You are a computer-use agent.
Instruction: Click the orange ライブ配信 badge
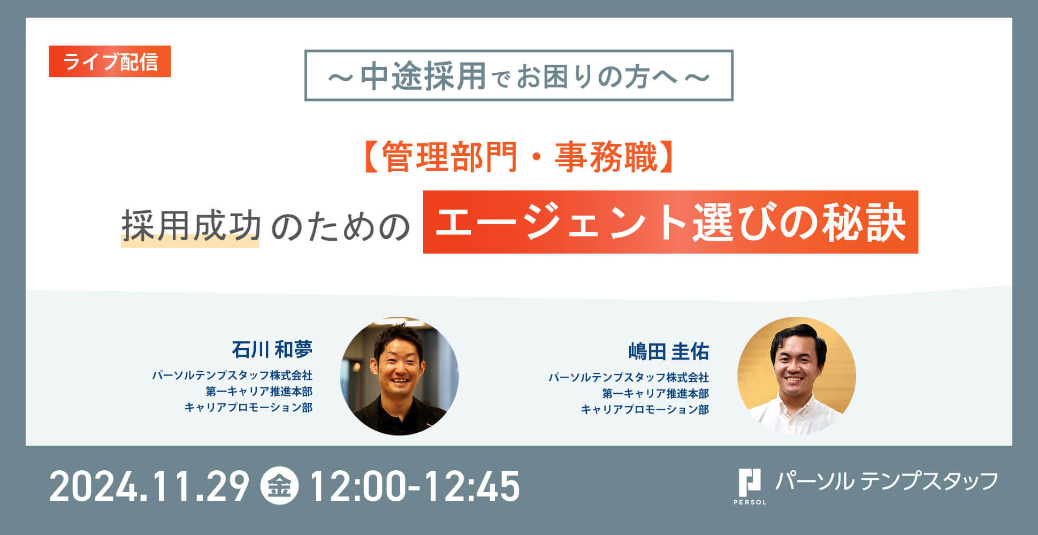[x=110, y=62]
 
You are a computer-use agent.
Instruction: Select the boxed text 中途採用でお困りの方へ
[x=518, y=76]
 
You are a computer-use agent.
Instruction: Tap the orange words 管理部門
[x=449, y=158]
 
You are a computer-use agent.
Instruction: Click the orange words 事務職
[x=606, y=158]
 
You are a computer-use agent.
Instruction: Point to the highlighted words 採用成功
[x=191, y=225]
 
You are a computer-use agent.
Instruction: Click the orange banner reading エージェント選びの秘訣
[x=670, y=222]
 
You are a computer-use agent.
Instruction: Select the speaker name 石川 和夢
[x=272, y=350]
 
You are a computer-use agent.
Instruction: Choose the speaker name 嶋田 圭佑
[x=669, y=352]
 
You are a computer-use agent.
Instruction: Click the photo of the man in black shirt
[x=400, y=376]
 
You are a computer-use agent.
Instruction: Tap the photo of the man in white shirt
[x=797, y=376]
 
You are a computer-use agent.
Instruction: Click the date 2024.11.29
[x=149, y=486]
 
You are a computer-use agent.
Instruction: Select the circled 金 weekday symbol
[x=279, y=486]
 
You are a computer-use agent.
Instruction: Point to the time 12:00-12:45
[x=415, y=486]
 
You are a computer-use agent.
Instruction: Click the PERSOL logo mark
[x=750, y=486]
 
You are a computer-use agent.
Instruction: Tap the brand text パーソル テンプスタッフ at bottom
[x=887, y=481]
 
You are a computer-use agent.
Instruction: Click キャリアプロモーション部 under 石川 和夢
[x=248, y=408]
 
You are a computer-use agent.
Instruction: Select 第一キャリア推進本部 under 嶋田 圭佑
[x=655, y=394]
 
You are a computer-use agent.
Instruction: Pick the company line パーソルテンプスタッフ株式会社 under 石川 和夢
[x=232, y=376]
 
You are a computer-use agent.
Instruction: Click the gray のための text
[x=340, y=226]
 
